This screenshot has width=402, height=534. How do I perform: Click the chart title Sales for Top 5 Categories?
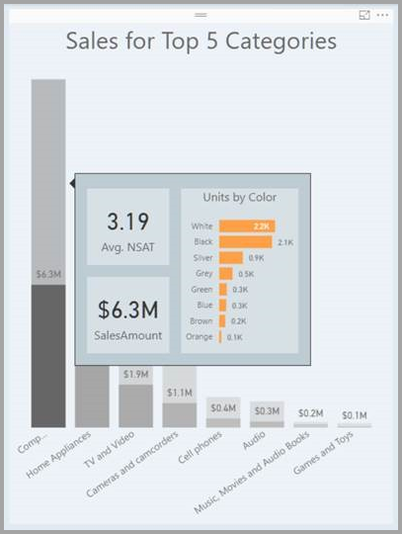tap(201, 42)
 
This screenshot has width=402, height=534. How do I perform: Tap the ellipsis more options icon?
tap(382, 16)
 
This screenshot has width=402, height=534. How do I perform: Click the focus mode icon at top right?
tap(364, 16)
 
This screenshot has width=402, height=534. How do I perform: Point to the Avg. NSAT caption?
tap(127, 245)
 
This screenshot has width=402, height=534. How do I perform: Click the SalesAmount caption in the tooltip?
tap(127, 335)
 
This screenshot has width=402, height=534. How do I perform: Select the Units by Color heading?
tap(239, 198)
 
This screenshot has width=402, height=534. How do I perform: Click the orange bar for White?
tap(246, 226)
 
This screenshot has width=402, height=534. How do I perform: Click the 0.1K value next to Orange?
tap(234, 337)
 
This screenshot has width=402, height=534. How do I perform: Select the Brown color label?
tap(201, 321)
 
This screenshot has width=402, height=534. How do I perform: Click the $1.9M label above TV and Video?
tap(136, 375)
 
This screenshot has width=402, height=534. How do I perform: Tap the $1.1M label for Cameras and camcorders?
tap(180, 393)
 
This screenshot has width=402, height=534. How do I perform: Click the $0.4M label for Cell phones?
tap(223, 407)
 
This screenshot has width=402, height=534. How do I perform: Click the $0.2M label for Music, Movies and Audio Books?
tap(310, 413)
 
